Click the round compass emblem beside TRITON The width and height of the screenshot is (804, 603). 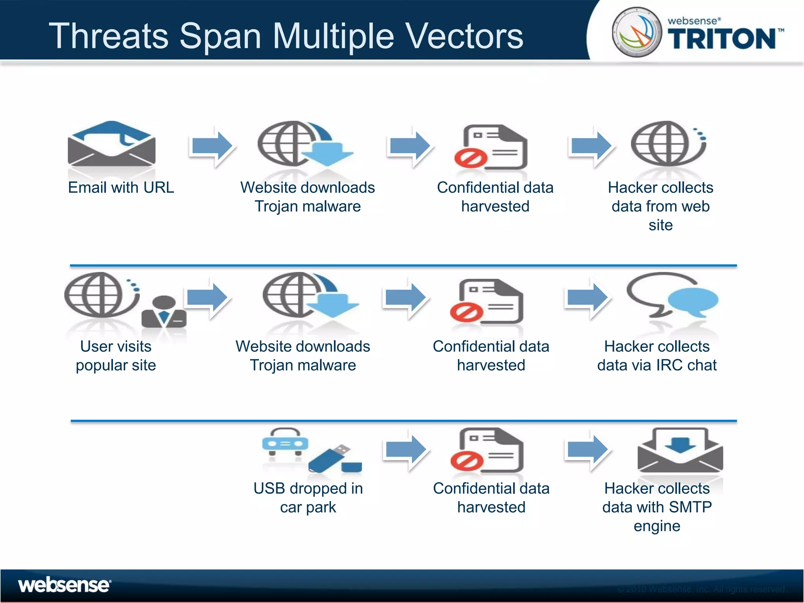tap(636, 32)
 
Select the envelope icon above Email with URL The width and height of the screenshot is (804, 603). tap(111, 144)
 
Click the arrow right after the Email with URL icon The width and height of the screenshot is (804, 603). tap(212, 146)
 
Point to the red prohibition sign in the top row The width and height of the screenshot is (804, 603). tap(470, 159)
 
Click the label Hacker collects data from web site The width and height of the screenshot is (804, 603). tap(660, 206)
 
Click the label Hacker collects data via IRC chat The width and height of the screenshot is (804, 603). tap(657, 356)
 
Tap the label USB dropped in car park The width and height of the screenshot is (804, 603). tap(308, 497)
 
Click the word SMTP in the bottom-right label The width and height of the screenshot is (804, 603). tap(691, 507)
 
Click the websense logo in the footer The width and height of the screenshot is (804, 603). tap(64, 585)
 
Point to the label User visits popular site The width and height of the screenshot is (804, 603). tap(116, 356)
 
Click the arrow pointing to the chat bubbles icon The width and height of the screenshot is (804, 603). tap(587, 298)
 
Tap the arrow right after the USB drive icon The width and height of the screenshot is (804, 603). tap(406, 450)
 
